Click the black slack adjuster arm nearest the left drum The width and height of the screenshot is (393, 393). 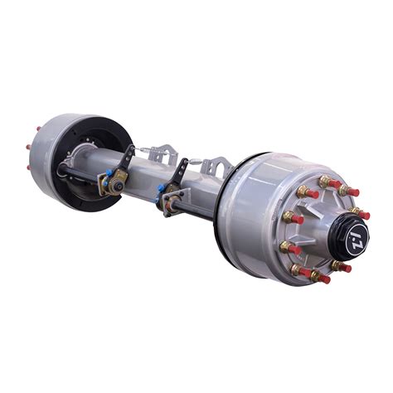(x=124, y=163)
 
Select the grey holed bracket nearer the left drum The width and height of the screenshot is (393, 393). (x=166, y=153)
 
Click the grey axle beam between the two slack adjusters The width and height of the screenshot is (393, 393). (x=149, y=177)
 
